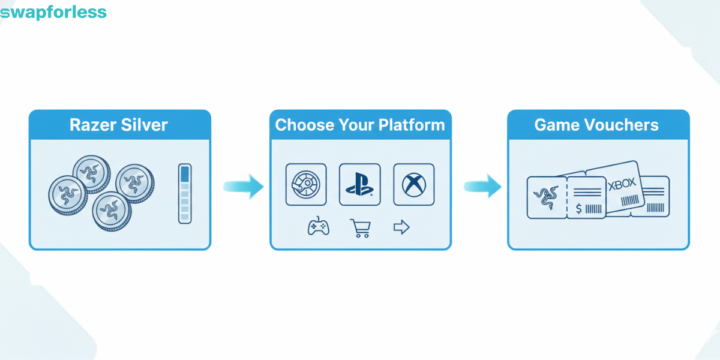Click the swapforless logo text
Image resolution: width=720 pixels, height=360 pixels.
[x=53, y=12]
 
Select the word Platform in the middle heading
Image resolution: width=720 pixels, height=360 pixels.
[x=412, y=125]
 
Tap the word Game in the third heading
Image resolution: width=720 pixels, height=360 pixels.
[x=552, y=125]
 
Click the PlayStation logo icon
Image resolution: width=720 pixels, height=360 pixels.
[x=359, y=184]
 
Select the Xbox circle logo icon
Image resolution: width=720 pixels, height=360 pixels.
[x=413, y=184]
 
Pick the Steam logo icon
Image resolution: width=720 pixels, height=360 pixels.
[x=306, y=184]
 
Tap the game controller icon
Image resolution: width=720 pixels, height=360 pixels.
[x=318, y=227]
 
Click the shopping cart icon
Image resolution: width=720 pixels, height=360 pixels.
[x=361, y=227]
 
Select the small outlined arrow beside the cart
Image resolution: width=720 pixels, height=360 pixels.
[x=401, y=227]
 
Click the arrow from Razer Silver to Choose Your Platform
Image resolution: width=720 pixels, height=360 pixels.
[x=244, y=187]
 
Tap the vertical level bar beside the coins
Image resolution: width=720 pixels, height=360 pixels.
[x=185, y=193]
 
